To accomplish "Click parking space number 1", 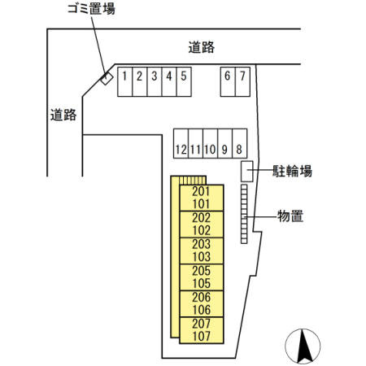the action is point(125,81).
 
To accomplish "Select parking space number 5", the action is point(184,81).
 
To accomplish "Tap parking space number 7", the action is point(242,81).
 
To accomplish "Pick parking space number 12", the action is point(181,143).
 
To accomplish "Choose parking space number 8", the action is point(240,143).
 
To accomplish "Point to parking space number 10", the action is point(210,143).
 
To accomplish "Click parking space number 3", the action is point(155,81).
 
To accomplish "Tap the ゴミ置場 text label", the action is point(91,9).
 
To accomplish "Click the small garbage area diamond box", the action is point(107,78).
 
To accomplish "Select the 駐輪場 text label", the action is point(292,171).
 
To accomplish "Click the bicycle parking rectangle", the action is point(247,172).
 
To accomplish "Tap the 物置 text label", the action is point(290,216).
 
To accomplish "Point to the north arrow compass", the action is point(303,346).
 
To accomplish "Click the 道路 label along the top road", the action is point(202,47).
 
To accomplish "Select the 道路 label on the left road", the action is point(63,115).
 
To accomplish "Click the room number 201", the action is point(201,191).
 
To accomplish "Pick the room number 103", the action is point(202,256).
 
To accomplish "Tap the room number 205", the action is point(202,271).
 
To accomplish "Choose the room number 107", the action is point(202,336).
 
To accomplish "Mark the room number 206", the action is point(202,297).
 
